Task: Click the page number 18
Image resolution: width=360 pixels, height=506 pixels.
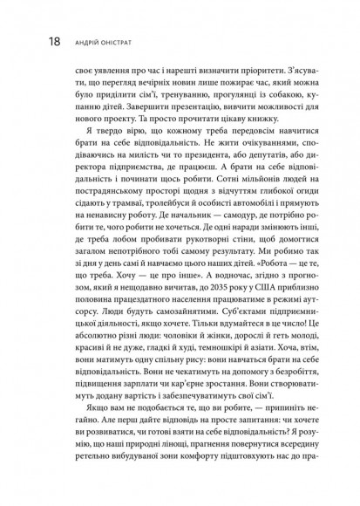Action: coord(30,40)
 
